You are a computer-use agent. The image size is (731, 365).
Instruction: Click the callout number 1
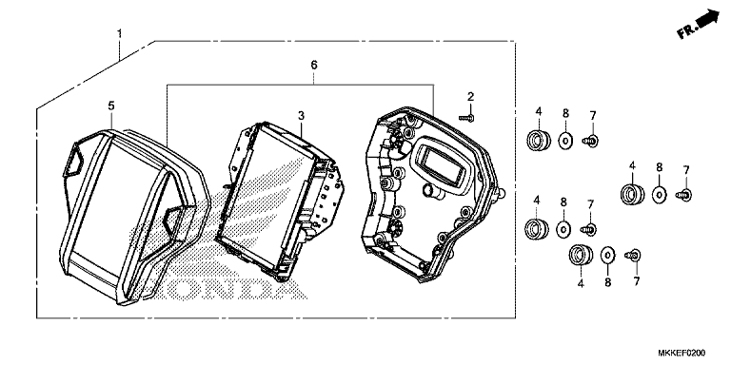119,34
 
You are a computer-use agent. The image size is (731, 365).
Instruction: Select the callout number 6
314,66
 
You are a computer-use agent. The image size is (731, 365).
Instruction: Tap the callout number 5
111,106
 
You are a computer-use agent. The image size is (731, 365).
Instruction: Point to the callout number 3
301,115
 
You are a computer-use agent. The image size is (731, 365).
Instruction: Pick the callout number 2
471,97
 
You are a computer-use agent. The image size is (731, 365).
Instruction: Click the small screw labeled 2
466,118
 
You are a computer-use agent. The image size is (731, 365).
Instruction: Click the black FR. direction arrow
707,19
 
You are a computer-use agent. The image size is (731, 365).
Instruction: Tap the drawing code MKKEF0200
682,353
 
